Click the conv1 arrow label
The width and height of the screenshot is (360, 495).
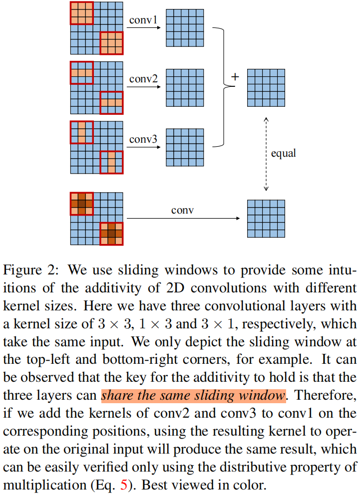[143, 20]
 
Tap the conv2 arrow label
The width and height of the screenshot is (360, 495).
[143, 79]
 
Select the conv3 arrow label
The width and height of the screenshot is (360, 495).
[143, 139]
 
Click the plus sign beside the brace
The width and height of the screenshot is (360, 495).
[235, 77]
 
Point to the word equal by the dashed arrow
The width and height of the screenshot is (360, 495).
[283, 153]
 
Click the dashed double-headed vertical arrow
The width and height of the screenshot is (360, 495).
[266, 154]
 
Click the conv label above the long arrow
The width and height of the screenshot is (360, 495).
[182, 211]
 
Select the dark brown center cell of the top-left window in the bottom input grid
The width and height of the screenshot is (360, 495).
[81, 204]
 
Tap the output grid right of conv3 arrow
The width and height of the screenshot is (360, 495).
[185, 147]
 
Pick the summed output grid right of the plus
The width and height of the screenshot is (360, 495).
[266, 88]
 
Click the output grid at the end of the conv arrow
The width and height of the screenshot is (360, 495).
[266, 219]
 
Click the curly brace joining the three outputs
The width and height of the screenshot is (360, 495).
[223, 87]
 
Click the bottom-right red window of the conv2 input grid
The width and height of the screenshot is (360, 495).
[111, 103]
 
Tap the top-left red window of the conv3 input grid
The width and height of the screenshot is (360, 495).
[81, 132]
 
